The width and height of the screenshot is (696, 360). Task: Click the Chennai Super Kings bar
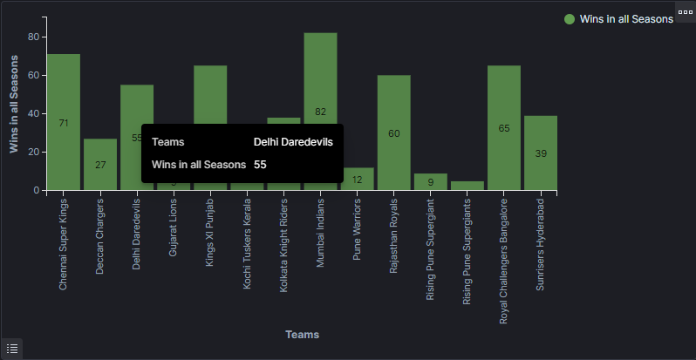64,122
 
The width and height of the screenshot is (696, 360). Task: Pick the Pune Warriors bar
357,179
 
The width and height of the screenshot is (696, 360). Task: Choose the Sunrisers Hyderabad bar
541,153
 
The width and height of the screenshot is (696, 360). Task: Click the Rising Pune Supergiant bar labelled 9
431,181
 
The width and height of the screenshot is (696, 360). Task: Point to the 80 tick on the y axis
32,37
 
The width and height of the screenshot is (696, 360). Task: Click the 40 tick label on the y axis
32,113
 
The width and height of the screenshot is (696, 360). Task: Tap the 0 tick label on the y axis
36,190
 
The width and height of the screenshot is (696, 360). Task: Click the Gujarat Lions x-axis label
174,227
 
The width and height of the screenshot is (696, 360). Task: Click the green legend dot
570,19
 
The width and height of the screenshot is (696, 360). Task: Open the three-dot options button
685,10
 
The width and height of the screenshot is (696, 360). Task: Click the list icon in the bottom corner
11,348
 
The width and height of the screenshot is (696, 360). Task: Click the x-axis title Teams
302,335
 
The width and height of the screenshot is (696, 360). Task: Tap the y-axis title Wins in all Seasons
14,105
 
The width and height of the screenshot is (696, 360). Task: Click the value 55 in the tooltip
260,164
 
